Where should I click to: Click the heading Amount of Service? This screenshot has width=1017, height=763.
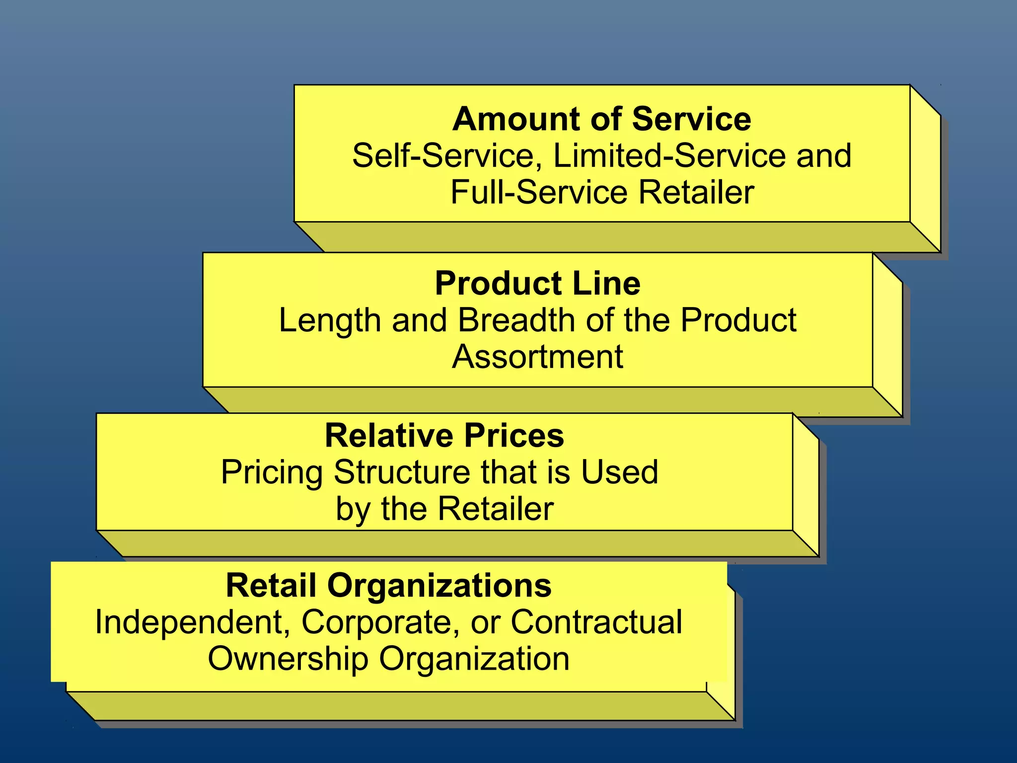[x=601, y=119]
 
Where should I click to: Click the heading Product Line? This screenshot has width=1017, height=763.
[x=538, y=284]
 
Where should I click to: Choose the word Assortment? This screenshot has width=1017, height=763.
[x=537, y=357]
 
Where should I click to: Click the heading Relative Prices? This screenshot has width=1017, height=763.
[x=444, y=436]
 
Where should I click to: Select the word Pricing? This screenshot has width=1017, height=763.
[x=272, y=472]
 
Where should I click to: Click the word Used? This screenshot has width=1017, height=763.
[x=620, y=472]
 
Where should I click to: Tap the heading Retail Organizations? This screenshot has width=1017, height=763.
[x=388, y=585]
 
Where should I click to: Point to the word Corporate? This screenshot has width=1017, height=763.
[x=380, y=622]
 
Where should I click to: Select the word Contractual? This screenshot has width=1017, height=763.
[x=596, y=622]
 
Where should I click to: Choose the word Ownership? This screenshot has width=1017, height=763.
[x=288, y=659]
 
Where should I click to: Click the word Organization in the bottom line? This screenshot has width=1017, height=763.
[x=474, y=659]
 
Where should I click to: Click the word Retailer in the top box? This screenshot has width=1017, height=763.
[x=696, y=192]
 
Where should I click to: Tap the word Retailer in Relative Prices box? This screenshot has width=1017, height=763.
[x=496, y=509]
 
